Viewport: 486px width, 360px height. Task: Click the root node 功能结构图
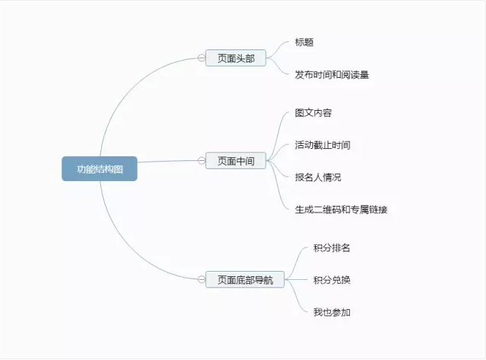[100, 169]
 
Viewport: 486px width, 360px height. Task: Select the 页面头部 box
[236, 58]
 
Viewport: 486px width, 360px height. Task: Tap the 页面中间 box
[236, 160]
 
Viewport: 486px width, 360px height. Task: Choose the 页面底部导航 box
[245, 279]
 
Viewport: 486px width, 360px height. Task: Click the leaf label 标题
[304, 42]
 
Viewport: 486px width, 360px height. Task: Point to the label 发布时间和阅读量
[332, 75]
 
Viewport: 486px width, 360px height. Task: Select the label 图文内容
[313, 113]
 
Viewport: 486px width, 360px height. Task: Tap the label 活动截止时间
[322, 145]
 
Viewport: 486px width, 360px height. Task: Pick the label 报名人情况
[318, 177]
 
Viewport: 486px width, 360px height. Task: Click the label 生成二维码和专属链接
[341, 210]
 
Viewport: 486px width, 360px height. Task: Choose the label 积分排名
[332, 248]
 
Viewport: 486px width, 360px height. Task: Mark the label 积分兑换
[332, 280]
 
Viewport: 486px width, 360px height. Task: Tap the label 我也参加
[332, 312]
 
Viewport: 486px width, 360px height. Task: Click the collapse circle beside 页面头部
[201, 58]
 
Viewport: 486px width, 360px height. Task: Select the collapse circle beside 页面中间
[201, 160]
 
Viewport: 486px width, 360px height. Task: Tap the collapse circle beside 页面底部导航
[201, 279]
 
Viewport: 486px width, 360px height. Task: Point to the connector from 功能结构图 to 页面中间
[168, 161]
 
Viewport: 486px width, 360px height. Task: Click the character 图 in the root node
[118, 169]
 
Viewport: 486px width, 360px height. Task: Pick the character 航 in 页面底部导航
[268, 280]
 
